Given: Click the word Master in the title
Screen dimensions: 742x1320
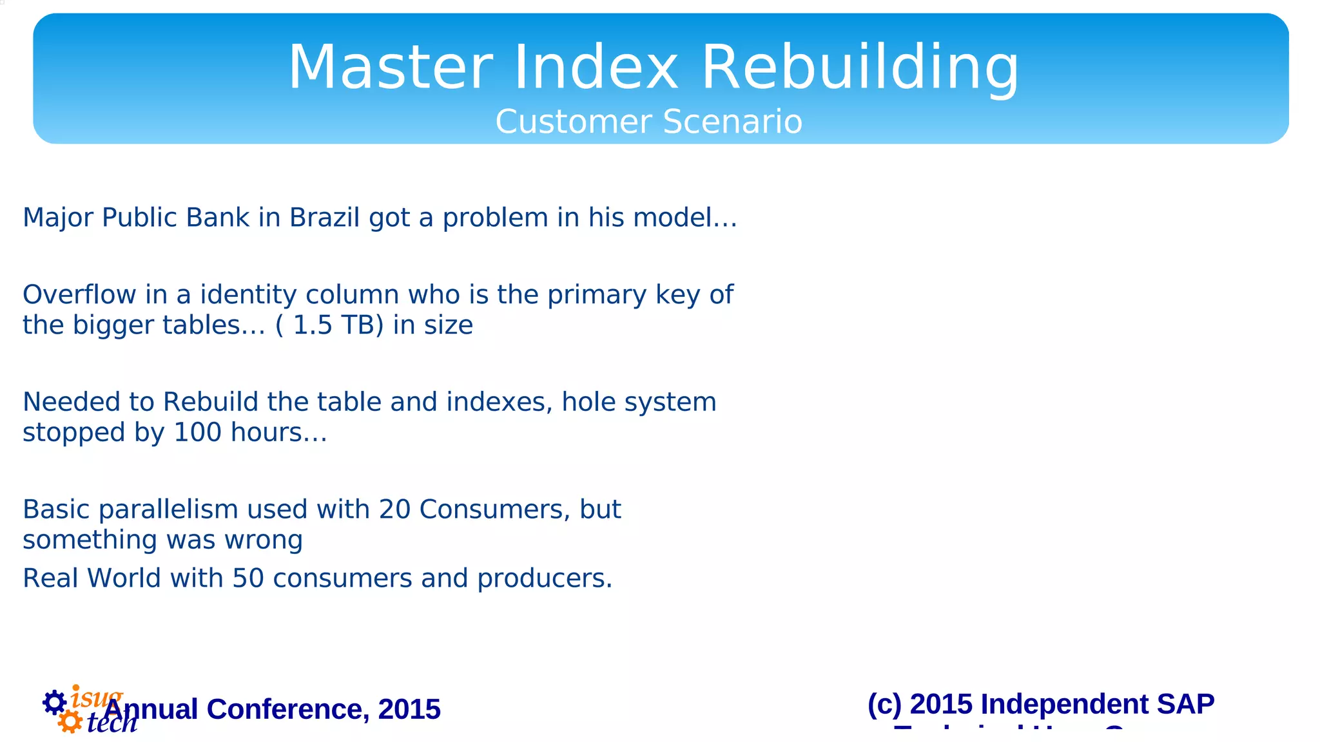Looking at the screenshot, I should pos(391,68).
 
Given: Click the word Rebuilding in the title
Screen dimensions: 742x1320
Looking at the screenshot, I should pos(860,68).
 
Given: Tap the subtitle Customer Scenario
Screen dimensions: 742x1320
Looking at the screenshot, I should pos(648,122).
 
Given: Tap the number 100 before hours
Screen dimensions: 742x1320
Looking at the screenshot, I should pos(198,432).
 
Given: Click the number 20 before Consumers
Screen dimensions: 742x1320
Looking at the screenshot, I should pos(394,509).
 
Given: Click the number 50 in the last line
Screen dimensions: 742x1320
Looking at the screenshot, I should pos(248,578).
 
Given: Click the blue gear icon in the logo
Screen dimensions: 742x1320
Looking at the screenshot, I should pos(55,702).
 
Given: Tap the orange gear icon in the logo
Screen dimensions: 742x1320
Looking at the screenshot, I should pos(70,721).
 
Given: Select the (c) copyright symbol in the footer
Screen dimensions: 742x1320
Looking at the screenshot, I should pos(884,704).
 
